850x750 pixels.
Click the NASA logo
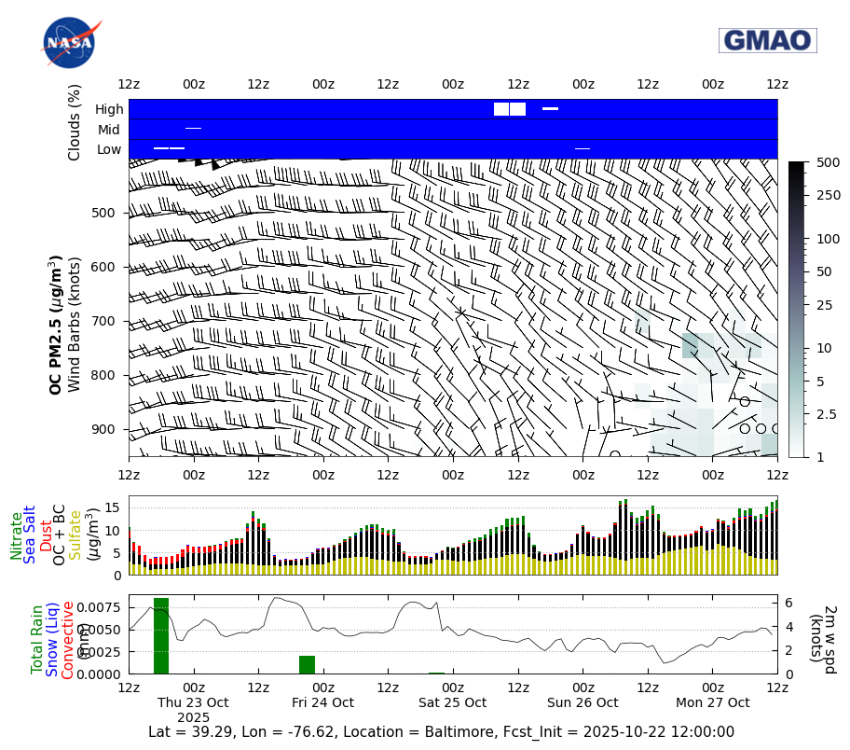[x=68, y=42]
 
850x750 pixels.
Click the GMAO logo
[x=767, y=40]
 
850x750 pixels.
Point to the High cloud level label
[x=109, y=109]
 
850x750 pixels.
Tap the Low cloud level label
[x=109, y=149]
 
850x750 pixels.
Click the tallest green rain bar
[x=161, y=635]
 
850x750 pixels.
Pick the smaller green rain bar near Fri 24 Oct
[x=307, y=664]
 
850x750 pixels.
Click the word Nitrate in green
[x=17, y=535]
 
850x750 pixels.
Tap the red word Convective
[x=67, y=640]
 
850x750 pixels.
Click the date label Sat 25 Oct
[x=452, y=702]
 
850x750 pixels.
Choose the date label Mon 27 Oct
[x=713, y=702]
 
